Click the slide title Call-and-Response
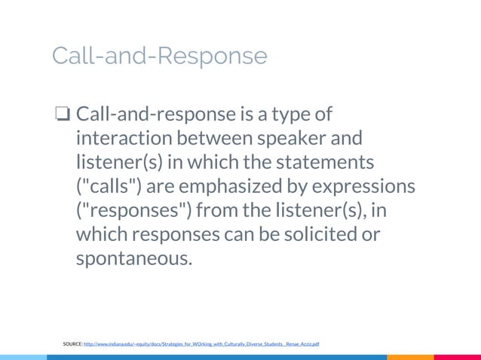point(159,56)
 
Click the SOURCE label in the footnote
point(72,343)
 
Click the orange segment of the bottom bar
point(410,357)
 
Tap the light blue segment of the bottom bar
point(23,357)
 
